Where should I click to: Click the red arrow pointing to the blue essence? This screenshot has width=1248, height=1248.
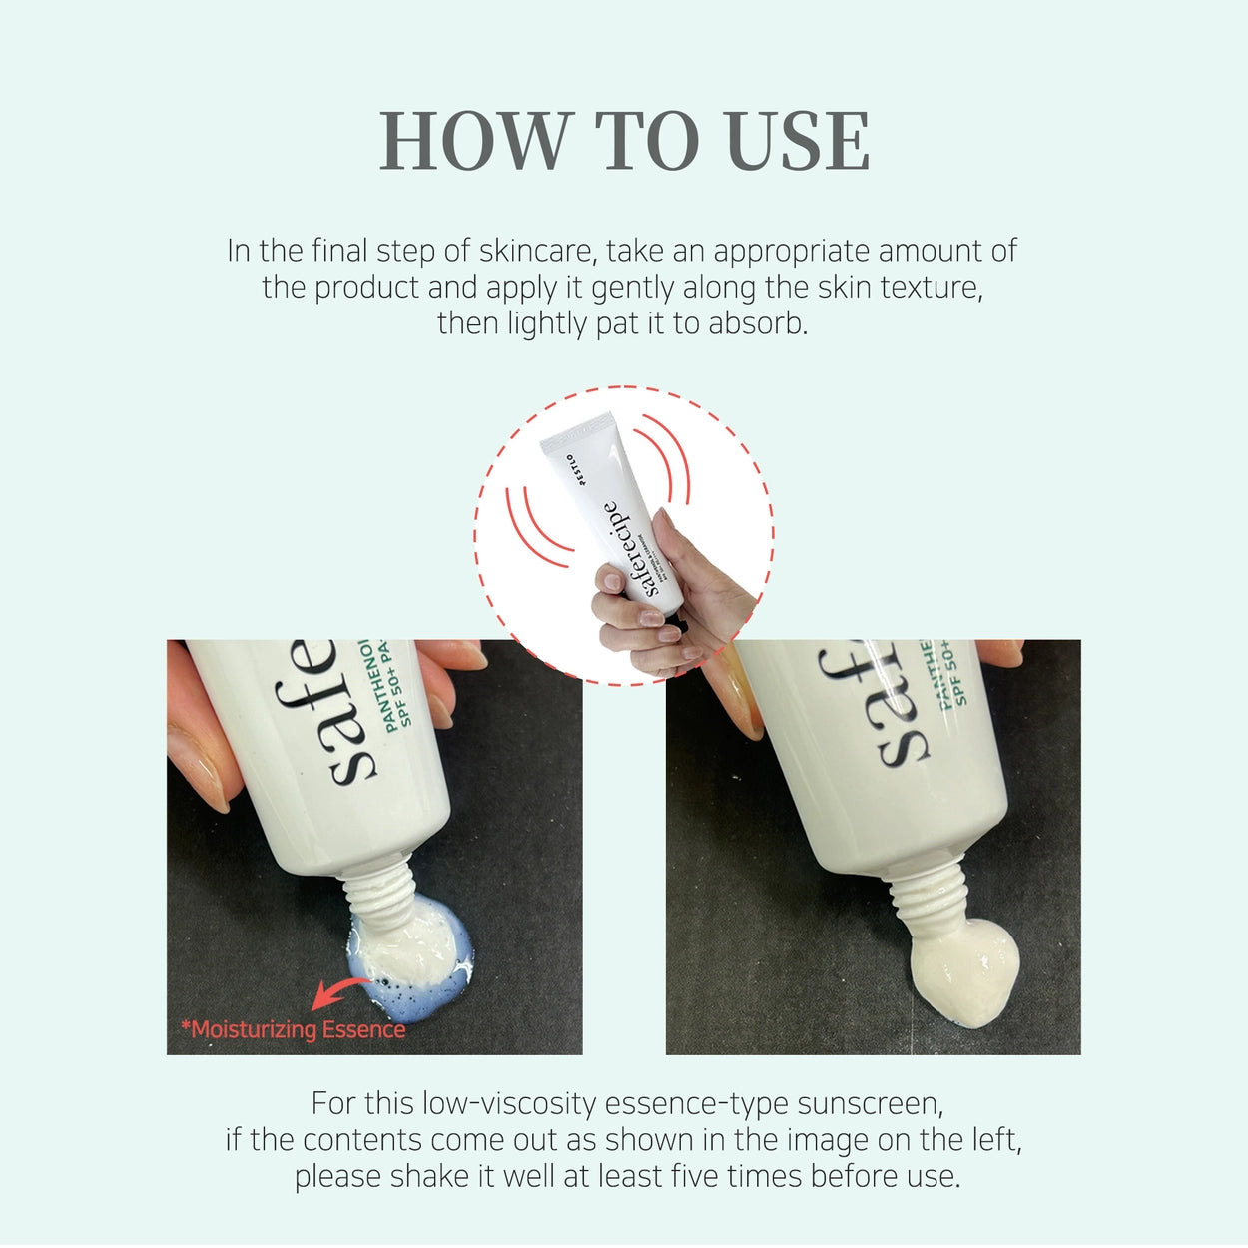pos(337,993)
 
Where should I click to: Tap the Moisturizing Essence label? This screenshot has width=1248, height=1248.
pos(294,1029)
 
